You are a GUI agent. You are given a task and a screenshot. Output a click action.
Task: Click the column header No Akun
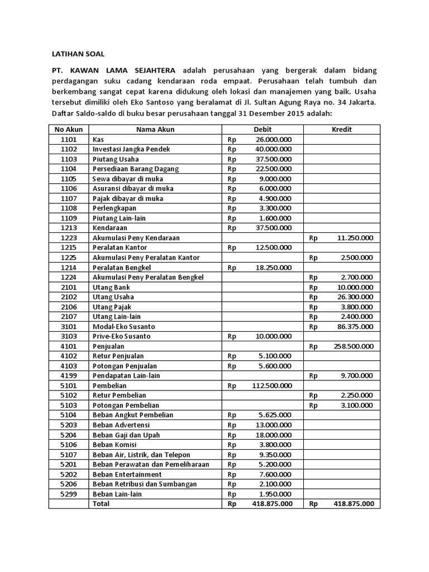(x=68, y=130)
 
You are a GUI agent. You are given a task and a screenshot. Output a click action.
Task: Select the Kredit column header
(x=341, y=130)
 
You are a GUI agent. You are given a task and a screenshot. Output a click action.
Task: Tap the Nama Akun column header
(x=155, y=130)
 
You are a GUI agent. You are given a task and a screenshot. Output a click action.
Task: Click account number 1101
(x=68, y=139)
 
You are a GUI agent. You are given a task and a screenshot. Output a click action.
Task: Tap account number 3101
(x=68, y=326)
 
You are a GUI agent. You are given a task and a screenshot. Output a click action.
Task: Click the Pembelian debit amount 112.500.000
(x=271, y=385)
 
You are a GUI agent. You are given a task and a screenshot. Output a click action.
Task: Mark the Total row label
(x=101, y=503)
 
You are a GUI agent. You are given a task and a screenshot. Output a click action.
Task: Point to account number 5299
(x=68, y=494)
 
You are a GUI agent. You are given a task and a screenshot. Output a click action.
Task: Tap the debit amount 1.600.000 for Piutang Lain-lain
(x=275, y=218)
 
